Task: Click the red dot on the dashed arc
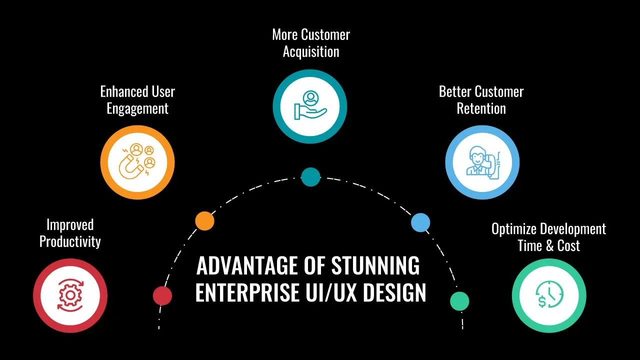[162, 295]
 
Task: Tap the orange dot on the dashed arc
[204, 220]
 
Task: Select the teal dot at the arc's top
[310, 177]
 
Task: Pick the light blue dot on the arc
[420, 222]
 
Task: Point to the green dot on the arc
[459, 301]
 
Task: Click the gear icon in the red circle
[70, 295]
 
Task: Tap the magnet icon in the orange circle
[137, 162]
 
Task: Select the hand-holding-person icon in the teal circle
[310, 106]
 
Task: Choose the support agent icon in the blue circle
[482, 162]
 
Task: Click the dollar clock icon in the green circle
[549, 295]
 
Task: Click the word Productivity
[70, 241]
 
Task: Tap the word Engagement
[137, 108]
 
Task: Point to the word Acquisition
[311, 51]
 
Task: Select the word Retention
[481, 108]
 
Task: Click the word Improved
[70, 225]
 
